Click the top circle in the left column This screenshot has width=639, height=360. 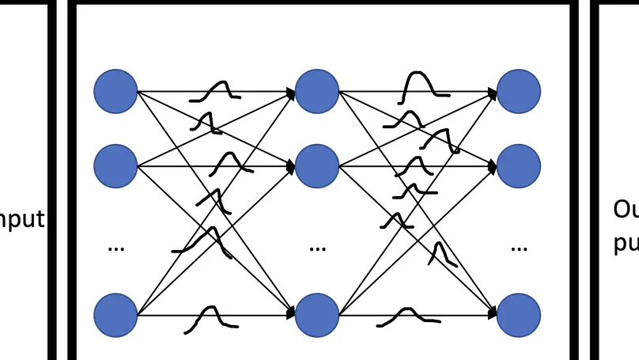[115, 91]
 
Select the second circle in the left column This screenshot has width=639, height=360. [115, 166]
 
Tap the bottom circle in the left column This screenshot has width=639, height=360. [115, 315]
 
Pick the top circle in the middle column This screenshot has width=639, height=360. [317, 91]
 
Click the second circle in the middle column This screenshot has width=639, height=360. [317, 166]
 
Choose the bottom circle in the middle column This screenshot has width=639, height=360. [317, 315]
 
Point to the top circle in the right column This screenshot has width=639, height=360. [519, 91]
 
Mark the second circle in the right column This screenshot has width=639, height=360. [519, 166]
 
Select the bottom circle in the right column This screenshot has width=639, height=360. [519, 315]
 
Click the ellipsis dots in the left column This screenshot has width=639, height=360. [115, 248]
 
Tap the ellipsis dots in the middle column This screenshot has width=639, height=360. [317, 248]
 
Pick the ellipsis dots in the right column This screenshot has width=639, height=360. [519, 248]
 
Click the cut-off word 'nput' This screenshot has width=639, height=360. [21, 219]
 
